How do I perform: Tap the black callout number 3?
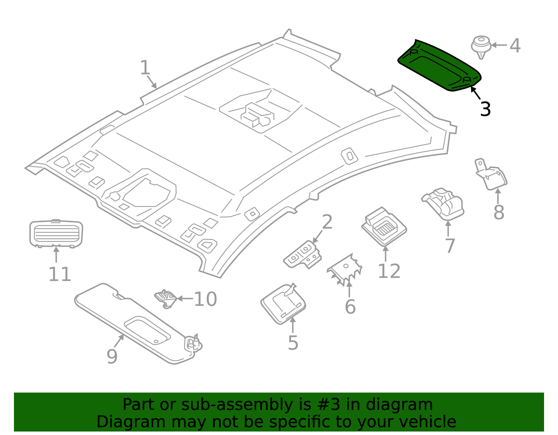click(485, 109)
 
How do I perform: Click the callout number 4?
click(515, 46)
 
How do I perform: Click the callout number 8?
click(498, 212)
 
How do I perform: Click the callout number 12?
click(389, 271)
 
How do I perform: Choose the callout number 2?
click(327, 222)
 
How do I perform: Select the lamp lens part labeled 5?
click(283, 304)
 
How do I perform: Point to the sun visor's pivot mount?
click(193, 343)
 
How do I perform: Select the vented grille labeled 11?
click(56, 233)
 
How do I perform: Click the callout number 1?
click(145, 68)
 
